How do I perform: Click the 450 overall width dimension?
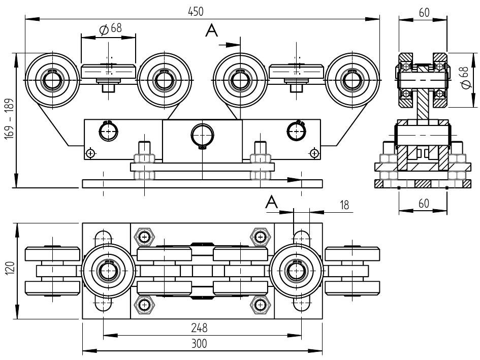[196, 12]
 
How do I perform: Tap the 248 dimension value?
[199, 328]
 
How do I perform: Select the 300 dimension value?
[199, 343]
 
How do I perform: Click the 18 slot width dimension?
[344, 205]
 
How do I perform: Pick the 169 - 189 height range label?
[10, 119]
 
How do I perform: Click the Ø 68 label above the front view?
[111, 29]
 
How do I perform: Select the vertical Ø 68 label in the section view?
[465, 78]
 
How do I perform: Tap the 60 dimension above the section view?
[424, 13]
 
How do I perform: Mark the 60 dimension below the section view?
[424, 204]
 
